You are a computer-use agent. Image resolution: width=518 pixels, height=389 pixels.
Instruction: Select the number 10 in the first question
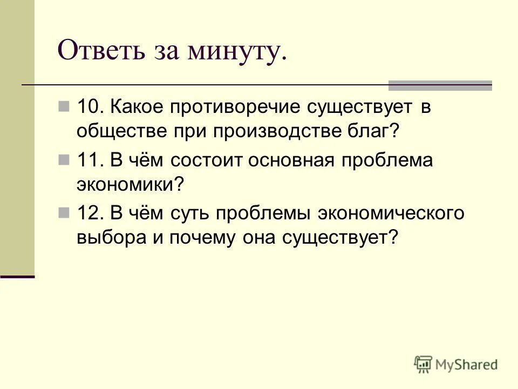(x=87, y=107)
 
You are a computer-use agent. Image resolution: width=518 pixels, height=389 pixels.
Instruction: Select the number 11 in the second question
(x=87, y=161)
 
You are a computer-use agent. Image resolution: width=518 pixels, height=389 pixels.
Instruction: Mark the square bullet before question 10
(x=64, y=106)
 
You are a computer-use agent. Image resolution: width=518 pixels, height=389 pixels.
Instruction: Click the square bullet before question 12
(x=64, y=212)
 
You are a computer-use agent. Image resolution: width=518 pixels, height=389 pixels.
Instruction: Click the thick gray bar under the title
(x=440, y=85)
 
